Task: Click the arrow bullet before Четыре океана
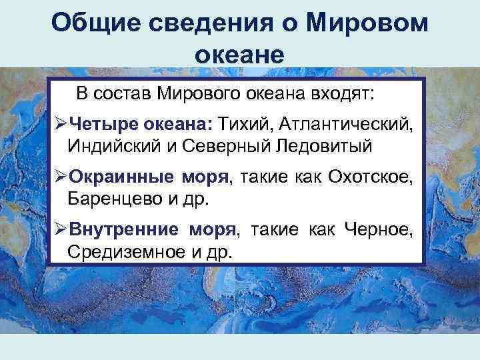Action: (59, 123)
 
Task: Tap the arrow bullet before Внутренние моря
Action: (59, 231)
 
